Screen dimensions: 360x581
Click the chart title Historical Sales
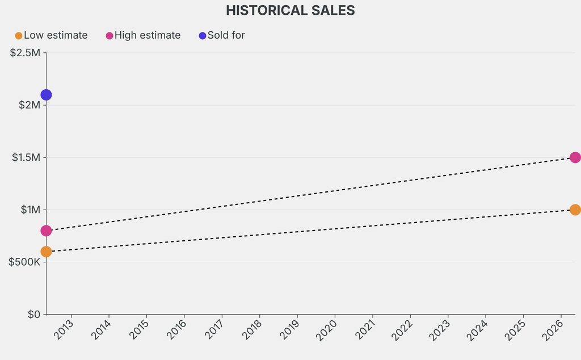[290, 10]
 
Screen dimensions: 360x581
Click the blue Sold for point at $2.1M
[46, 95]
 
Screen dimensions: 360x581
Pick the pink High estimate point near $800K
[46, 231]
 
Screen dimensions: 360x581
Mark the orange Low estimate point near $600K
[46, 252]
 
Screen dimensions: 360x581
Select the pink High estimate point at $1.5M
[575, 157]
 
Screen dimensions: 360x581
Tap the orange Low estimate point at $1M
[575, 210]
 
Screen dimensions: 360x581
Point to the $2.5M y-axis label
[25, 53]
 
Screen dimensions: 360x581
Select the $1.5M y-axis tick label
[26, 157]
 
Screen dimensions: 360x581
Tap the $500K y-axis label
[24, 262]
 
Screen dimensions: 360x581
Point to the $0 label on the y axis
[34, 314]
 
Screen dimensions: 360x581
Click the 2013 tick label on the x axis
[64, 329]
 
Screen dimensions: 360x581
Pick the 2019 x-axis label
[290, 329]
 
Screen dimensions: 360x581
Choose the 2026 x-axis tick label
[554, 329]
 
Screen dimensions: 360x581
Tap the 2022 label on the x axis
[403, 329]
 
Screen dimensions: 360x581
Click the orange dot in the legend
[19, 36]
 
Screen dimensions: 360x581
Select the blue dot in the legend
[203, 36]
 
